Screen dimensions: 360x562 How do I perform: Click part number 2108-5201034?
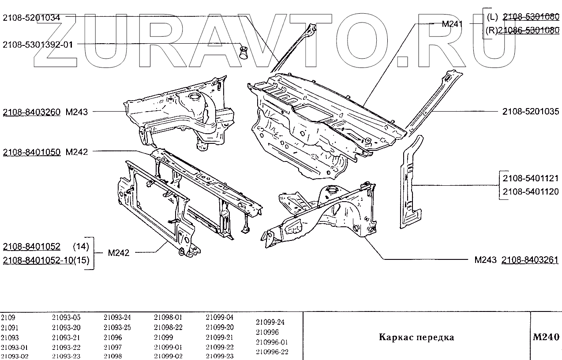point(32,18)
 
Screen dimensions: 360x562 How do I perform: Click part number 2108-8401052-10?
point(37,260)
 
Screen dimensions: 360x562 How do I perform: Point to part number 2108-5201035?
point(531,112)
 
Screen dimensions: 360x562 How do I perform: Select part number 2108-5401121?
point(531,179)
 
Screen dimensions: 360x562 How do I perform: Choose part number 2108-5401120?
point(531,191)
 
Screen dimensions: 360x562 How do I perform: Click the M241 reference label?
point(452,24)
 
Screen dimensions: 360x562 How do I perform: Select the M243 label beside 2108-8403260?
point(77,112)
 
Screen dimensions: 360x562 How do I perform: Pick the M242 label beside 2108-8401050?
point(77,152)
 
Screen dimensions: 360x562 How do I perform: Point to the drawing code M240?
point(546,337)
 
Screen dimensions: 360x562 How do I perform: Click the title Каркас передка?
point(416,337)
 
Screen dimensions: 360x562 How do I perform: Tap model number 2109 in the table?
point(7,317)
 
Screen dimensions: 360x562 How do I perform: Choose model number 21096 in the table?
point(112,337)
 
